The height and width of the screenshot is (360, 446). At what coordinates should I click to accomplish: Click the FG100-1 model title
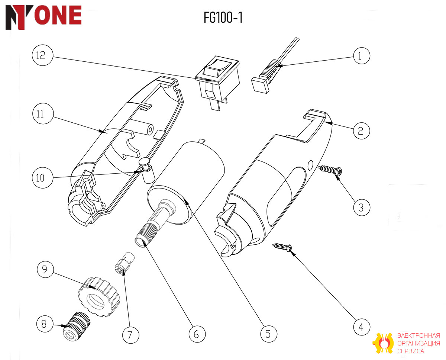223,17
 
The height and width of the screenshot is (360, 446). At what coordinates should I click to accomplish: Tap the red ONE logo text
58,15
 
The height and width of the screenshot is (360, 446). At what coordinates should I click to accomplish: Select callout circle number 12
43,55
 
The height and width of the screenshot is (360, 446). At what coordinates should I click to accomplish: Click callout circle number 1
361,56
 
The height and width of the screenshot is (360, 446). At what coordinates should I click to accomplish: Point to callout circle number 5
268,334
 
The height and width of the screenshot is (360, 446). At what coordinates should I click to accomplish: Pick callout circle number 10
43,178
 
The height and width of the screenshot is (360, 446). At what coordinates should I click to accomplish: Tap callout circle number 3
361,208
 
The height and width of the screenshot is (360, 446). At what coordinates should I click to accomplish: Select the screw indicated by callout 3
330,171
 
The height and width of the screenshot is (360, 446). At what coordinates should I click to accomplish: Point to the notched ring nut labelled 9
99,297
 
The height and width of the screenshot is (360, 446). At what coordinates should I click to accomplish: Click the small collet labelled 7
125,263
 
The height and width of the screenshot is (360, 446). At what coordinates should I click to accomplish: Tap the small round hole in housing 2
310,165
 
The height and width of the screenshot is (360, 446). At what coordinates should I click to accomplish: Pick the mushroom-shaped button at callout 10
147,170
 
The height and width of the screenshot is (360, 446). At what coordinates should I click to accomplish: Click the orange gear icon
383,343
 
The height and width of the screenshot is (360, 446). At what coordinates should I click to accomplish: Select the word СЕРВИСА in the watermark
411,351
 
